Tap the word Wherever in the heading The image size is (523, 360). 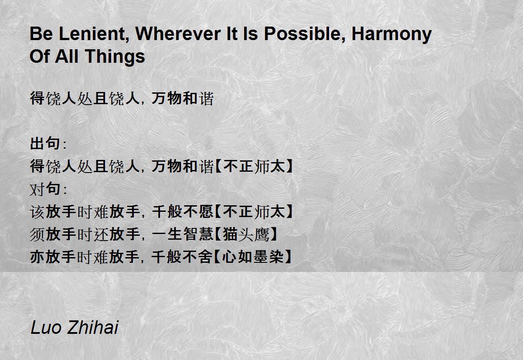coord(178,34)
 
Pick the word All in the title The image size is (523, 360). coord(66,56)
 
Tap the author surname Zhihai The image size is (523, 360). coord(93,327)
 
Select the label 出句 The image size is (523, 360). coord(45,143)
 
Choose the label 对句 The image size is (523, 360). coord(45,189)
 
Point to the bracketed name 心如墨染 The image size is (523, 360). coord(253,257)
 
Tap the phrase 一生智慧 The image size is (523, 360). coord(182,234)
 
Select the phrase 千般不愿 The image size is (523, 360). coord(182,211)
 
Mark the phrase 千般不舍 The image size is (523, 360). coord(182,257)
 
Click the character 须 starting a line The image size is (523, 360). coord(37,234)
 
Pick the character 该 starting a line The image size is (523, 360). coord(37,211)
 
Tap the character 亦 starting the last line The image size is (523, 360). coord(37,257)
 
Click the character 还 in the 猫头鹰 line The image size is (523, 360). coord(101,234)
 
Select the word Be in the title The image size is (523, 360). coord(41,34)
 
